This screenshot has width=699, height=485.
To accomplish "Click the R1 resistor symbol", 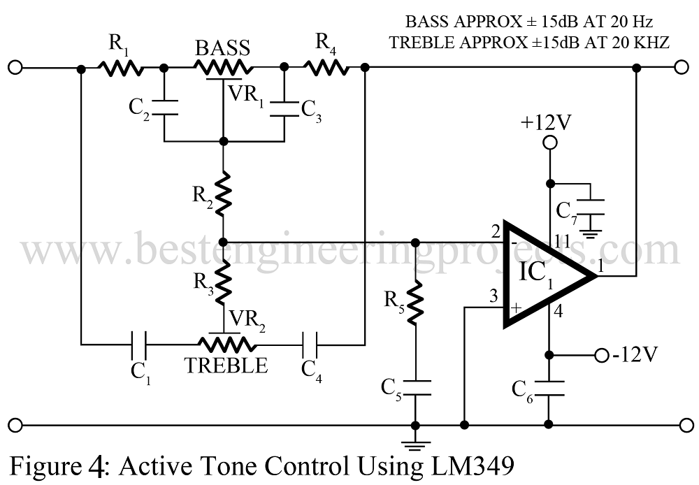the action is click(120, 68).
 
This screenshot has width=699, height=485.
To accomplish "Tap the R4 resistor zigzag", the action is click(326, 68).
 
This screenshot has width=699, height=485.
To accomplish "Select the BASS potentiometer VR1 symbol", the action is click(223, 70).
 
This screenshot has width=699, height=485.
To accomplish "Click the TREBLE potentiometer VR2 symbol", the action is click(226, 342).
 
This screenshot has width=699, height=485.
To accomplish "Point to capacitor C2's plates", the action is click(164, 108).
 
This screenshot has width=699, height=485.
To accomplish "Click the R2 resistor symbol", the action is click(224, 194).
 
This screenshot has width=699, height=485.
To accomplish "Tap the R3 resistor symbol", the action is click(224, 282).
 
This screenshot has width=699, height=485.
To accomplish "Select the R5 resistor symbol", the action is click(415, 303).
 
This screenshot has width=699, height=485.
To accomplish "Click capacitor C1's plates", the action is click(139, 345).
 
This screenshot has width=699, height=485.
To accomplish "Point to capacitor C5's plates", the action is click(415, 387).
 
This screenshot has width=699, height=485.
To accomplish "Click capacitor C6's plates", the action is click(549, 389).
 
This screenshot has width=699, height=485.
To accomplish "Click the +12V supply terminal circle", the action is click(550, 143).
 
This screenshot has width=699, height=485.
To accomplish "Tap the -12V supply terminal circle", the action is click(601, 355).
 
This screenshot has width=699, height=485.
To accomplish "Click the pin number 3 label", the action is click(493, 296).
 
